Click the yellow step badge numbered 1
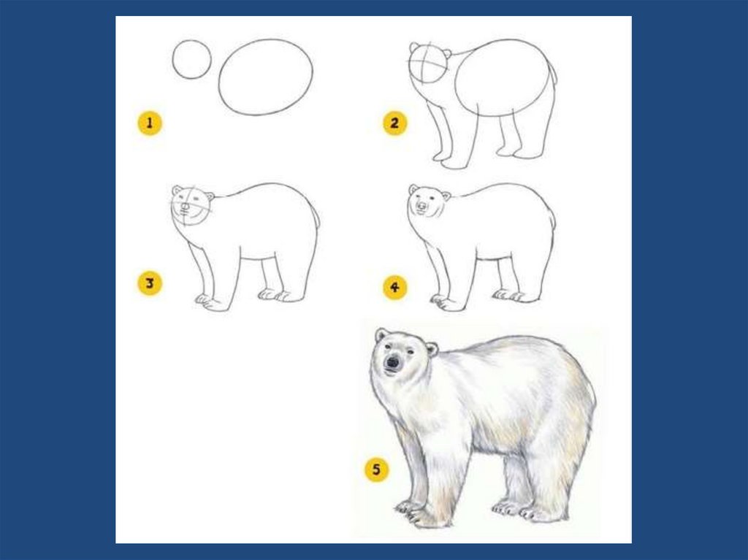tap(150, 123)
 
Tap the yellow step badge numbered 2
tap(394, 123)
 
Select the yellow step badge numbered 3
tap(150, 284)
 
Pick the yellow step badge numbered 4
tap(394, 287)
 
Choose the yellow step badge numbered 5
tap(376, 470)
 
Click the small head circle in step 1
tap(173, 60)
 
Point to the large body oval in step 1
tap(219, 77)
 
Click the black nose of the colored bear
tap(392, 362)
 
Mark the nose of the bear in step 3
tap(185, 206)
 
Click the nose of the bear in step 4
tap(421, 206)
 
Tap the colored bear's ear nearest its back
tap(432, 349)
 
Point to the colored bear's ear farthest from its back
tap(381, 334)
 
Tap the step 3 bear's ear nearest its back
tap(210, 196)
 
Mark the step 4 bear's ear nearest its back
tap(446, 196)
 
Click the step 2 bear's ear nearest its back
tap(447, 53)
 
